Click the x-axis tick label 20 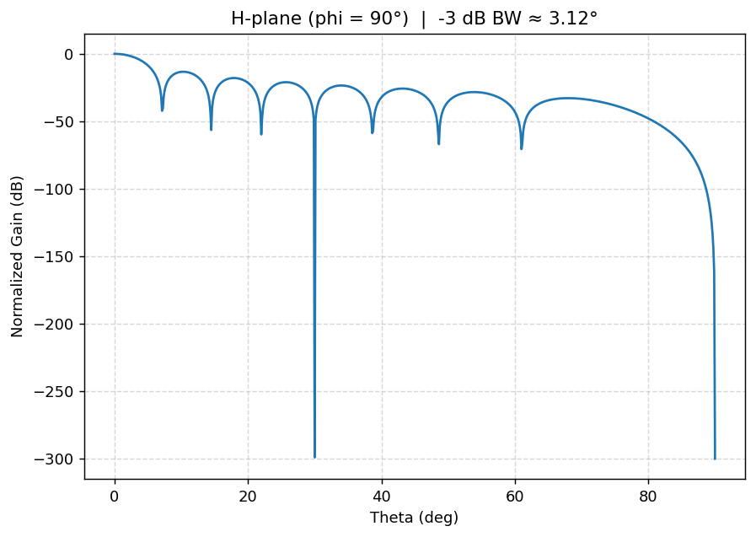(x=248, y=495)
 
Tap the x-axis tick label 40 (x=382, y=495)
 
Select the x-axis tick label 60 (x=515, y=495)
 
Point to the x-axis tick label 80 (x=648, y=495)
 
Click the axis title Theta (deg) (x=414, y=517)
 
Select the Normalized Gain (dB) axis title (x=18, y=256)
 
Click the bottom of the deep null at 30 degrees (x=314, y=457)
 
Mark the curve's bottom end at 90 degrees (x=715, y=459)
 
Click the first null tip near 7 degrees (x=162, y=110)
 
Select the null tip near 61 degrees (x=522, y=148)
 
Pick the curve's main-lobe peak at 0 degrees (x=115, y=54)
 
